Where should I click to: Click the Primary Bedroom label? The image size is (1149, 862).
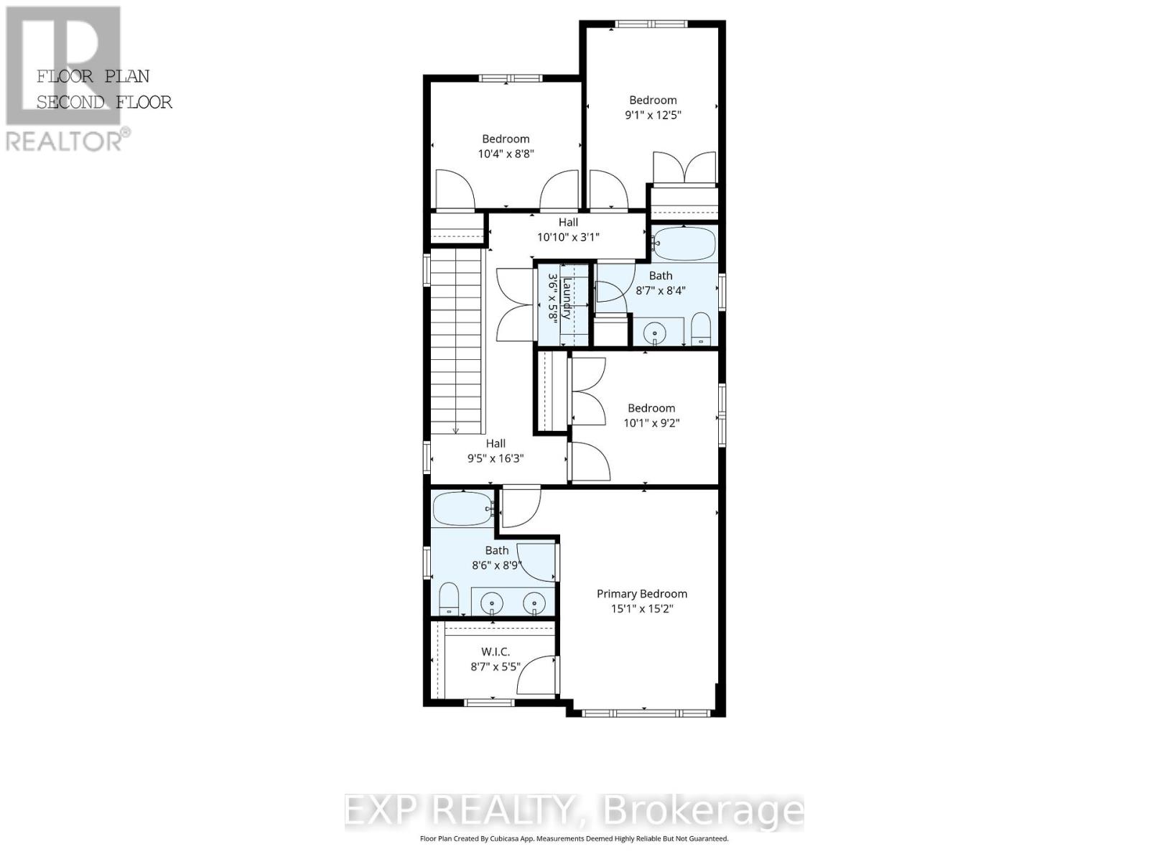tap(642, 593)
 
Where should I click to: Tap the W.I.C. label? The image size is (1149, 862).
tap(496, 652)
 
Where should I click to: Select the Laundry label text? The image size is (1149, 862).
tap(567, 299)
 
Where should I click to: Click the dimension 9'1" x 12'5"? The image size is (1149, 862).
tap(653, 115)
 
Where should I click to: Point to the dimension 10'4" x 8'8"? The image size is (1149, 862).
tap(506, 154)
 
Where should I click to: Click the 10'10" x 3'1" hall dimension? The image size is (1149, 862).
tap(568, 237)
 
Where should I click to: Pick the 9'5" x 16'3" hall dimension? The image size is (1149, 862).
tap(496, 458)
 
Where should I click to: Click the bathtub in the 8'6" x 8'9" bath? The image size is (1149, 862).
tap(462, 509)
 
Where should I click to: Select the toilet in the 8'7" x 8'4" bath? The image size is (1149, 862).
tap(700, 330)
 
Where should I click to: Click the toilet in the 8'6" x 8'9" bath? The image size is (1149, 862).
tap(449, 598)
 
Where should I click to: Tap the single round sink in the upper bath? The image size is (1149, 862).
tap(654, 333)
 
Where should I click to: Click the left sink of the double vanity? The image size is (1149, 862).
tap(492, 602)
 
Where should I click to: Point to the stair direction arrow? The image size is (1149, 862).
tap(456, 429)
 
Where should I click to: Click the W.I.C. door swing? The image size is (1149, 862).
tap(535, 675)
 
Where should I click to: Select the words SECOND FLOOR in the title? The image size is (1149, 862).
tap(104, 103)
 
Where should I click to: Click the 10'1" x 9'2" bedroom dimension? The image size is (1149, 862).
tap(651, 423)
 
